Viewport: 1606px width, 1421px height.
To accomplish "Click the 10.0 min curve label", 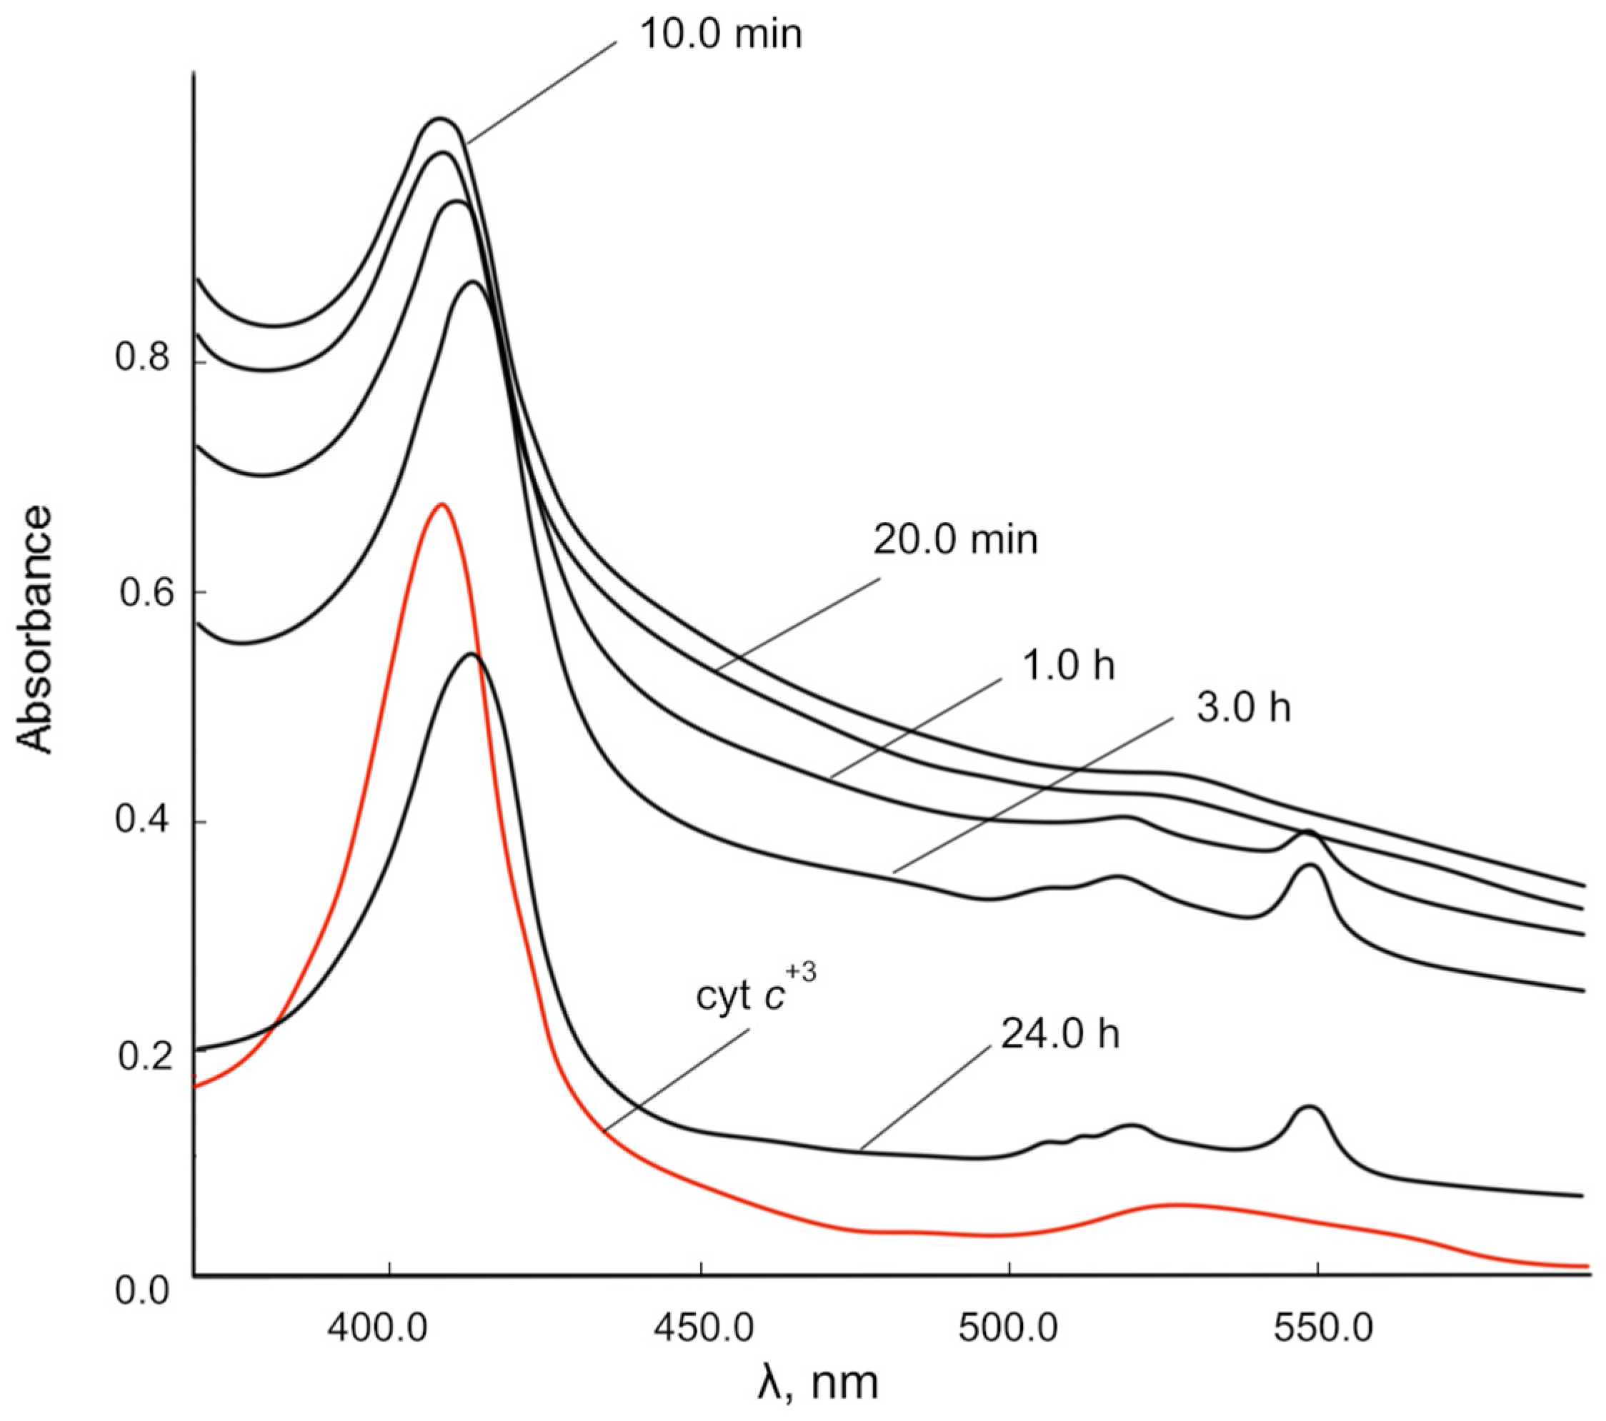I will (721, 34).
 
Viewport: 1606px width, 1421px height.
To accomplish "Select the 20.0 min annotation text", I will (955, 541).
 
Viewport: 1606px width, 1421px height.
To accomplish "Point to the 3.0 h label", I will (1243, 708).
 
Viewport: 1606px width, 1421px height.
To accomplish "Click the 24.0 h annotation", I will (1060, 1035).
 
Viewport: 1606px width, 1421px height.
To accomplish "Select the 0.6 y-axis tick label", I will (144, 594).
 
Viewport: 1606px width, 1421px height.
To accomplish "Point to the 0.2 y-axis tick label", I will (144, 1058).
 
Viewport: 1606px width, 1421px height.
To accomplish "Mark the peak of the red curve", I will (442, 504).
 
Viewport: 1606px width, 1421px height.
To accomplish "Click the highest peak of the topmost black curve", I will (440, 119).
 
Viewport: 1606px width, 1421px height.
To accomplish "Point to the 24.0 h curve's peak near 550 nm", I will (1309, 1107).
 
